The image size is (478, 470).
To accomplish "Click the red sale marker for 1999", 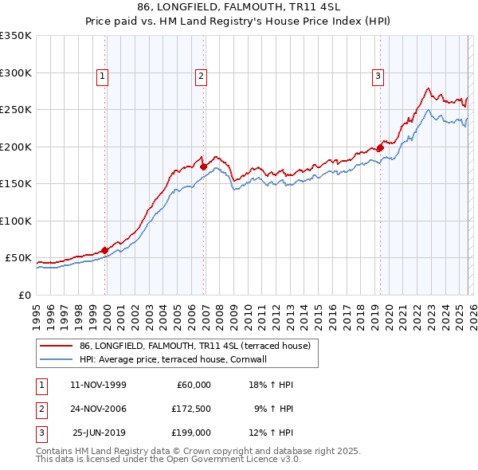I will [105, 250].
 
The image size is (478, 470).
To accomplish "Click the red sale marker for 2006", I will [204, 167].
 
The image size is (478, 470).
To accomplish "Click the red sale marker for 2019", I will [381, 147].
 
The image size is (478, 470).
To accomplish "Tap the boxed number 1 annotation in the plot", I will [104, 76].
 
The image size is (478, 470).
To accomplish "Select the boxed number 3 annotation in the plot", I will [377, 76].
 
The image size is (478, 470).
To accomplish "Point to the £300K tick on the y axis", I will [15, 72].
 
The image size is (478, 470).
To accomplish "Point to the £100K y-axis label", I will [15, 221].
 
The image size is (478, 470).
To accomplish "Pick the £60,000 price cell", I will [191, 385].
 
